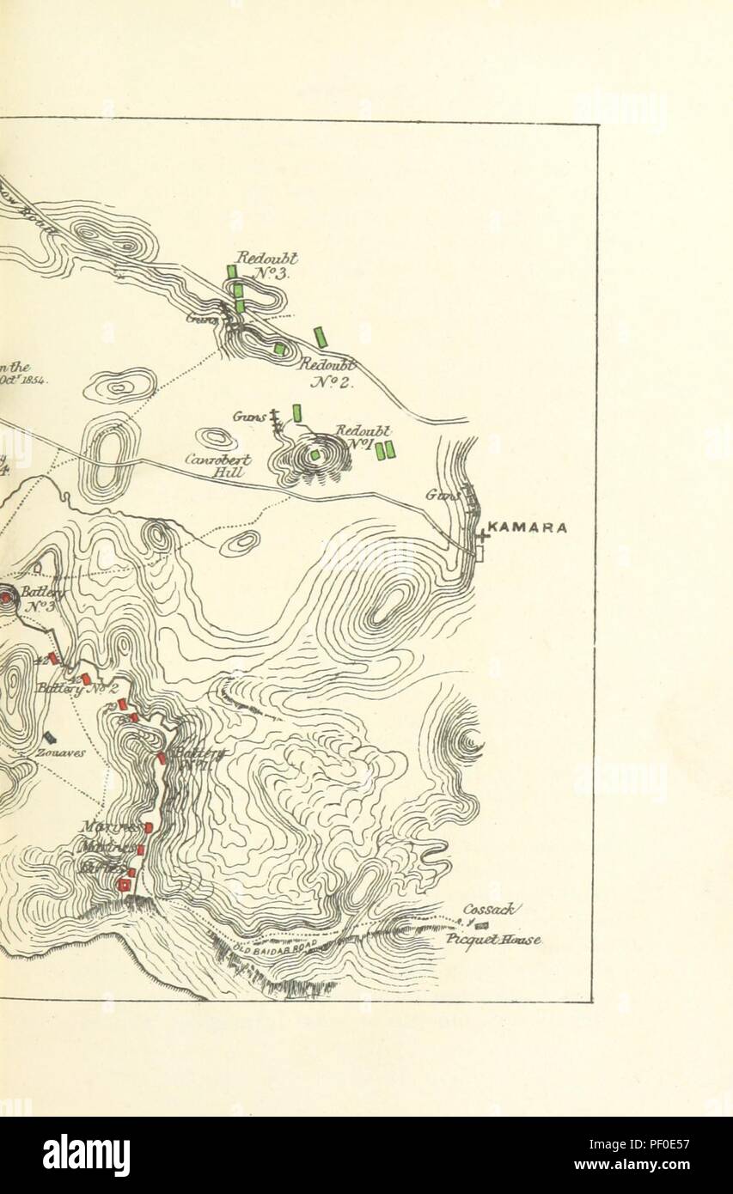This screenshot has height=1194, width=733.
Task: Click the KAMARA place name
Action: click(x=527, y=527)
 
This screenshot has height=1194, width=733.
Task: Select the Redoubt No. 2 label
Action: click(x=327, y=373)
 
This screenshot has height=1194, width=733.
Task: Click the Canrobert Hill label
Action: click(x=218, y=466)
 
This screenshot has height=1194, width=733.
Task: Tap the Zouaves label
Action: click(x=60, y=752)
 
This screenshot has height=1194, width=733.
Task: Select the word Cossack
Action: click(x=487, y=909)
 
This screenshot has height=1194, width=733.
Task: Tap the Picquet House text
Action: click(x=492, y=939)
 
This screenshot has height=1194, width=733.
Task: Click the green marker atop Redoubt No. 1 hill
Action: click(x=315, y=454)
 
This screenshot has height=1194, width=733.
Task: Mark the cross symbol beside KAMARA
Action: click(x=481, y=534)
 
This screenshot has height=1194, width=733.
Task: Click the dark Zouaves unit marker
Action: click(x=50, y=737)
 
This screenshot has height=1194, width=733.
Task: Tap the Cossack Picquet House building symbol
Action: click(x=481, y=924)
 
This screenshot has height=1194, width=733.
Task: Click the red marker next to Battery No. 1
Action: click(x=162, y=758)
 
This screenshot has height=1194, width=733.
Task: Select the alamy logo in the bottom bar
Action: click(x=86, y=1155)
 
